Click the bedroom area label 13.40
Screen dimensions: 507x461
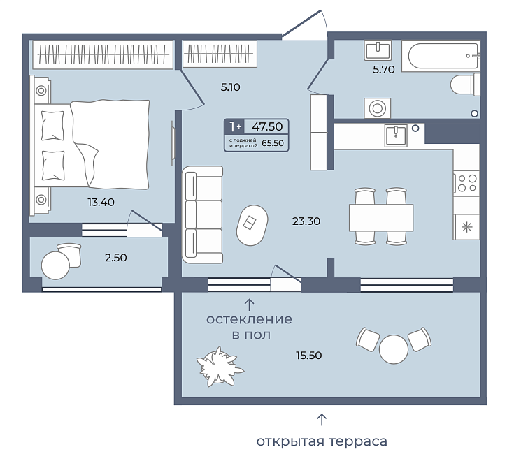coord(101,203)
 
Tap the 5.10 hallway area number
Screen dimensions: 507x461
coord(230,87)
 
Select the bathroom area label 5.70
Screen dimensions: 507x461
coord(383,69)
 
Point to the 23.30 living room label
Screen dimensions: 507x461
coord(306,221)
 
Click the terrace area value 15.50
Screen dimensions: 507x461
coord(309,356)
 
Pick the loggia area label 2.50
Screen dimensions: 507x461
coord(116,258)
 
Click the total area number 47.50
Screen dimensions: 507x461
coord(267,126)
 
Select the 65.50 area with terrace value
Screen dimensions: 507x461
coord(273,142)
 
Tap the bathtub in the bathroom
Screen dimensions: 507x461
coord(441,56)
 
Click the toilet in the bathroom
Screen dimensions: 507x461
coord(465,84)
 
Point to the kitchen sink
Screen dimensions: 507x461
coord(396,136)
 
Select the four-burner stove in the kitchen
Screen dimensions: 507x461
coord(466,183)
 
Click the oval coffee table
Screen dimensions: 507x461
coord(252,225)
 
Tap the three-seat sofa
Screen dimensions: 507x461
coord(203,214)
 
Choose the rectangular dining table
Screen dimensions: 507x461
coord(381,217)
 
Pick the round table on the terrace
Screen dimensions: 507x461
coord(394,349)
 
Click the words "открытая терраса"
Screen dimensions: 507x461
coord(322,441)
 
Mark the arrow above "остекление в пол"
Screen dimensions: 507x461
coord(249,305)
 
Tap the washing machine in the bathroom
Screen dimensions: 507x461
coord(378,108)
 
